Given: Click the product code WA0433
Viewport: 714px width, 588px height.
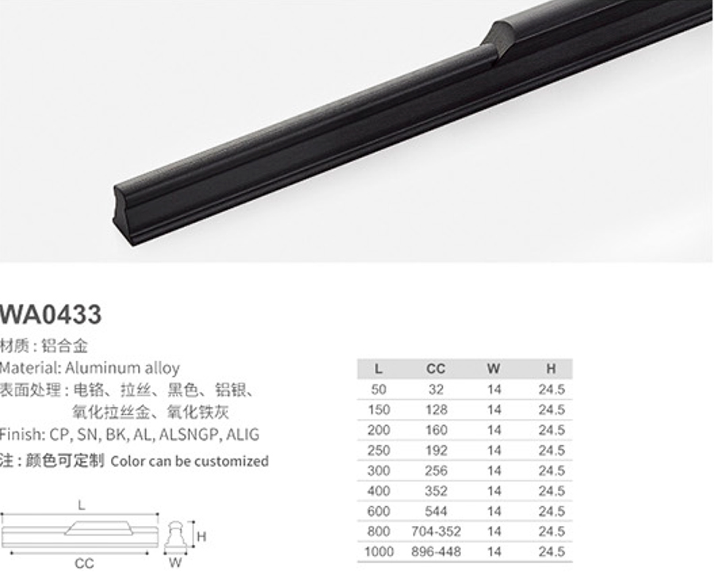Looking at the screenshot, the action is click(x=50, y=314).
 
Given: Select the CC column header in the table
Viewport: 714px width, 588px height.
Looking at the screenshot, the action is click(x=436, y=368).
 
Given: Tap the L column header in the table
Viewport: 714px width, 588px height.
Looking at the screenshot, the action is click(x=378, y=368).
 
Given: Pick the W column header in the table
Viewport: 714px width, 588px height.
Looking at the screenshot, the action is click(x=493, y=368).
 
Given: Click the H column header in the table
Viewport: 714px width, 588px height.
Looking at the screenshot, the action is click(x=551, y=368).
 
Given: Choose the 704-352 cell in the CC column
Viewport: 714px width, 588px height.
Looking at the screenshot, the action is click(x=436, y=531).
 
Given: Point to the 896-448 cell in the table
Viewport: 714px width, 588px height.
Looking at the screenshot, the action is click(x=436, y=551).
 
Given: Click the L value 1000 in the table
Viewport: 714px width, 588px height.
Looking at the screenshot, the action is click(x=379, y=551).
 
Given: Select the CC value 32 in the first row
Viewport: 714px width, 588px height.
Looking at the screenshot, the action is click(x=436, y=390).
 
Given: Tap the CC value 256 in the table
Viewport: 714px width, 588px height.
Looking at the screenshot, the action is click(x=436, y=471).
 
